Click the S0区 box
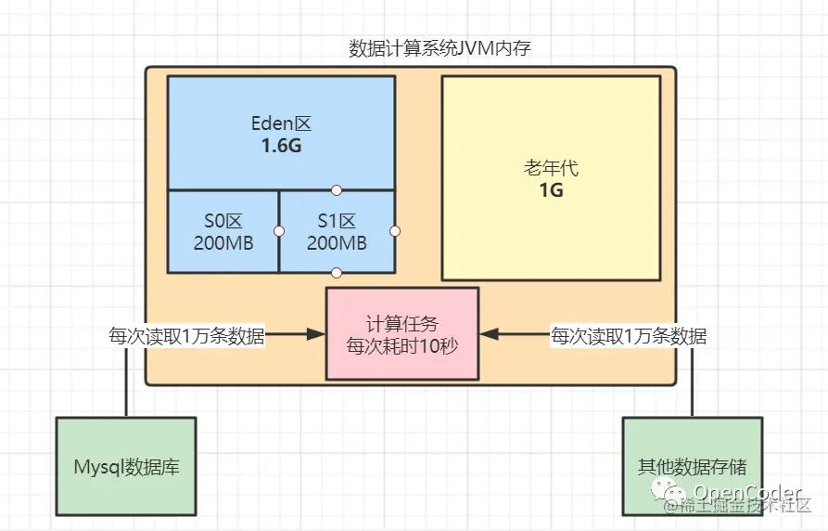[223, 231]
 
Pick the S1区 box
[337, 231]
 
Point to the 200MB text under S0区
[223, 243]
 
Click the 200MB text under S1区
[336, 243]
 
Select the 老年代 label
[551, 170]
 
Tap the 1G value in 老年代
[551, 191]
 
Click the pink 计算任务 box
[402, 333]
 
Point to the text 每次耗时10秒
[402, 346]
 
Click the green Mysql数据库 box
[126, 466]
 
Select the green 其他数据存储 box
[693, 466]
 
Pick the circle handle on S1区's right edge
[395, 230]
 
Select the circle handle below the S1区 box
[337, 272]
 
